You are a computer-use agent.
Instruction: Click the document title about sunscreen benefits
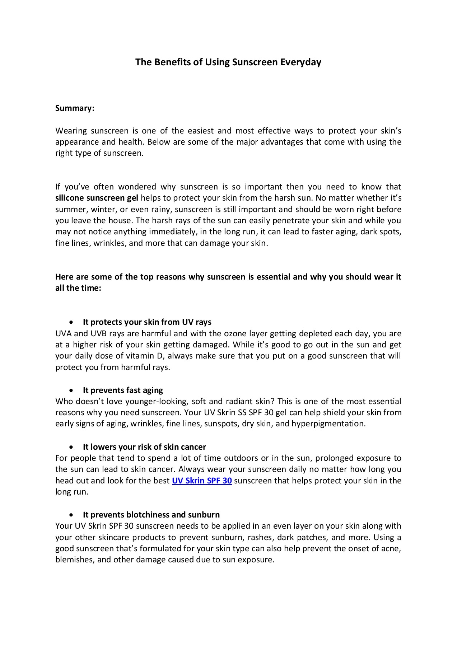pyautogui.click(x=228, y=62)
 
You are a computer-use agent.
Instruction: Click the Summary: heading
pyautogui.click(x=75, y=108)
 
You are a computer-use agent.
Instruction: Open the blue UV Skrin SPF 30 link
pyautogui.click(x=202, y=481)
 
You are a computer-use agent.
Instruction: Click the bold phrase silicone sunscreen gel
pyautogui.click(x=97, y=198)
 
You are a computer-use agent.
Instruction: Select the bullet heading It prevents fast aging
pyautogui.click(x=123, y=390)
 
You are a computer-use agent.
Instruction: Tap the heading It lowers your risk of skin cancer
pyautogui.click(x=144, y=447)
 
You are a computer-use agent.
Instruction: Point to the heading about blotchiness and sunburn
pyautogui.click(x=151, y=515)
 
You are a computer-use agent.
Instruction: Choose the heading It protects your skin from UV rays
pyautogui.click(x=147, y=322)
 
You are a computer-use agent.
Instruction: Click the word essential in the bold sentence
pyautogui.click(x=272, y=277)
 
